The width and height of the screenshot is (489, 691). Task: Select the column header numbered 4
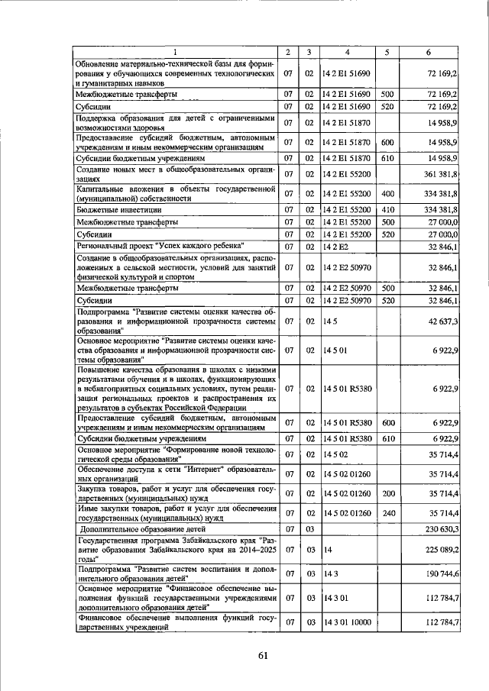tap(347, 52)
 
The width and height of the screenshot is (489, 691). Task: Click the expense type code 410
tap(387, 208)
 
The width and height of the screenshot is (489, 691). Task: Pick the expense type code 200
tap(387, 492)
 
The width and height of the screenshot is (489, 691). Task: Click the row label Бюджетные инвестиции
tap(113, 208)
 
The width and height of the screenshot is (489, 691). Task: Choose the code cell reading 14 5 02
tap(335, 455)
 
